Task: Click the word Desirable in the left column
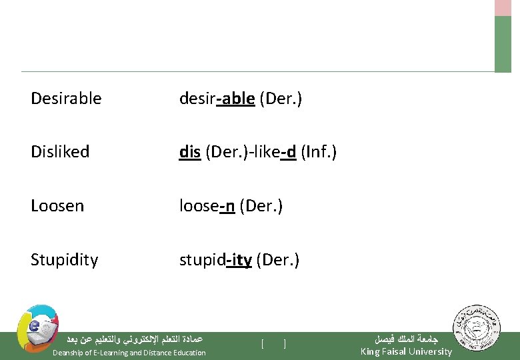coord(66,99)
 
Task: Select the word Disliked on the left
coord(60,152)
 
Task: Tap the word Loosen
coord(57,206)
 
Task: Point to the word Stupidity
coord(64,259)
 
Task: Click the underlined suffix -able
coord(235,99)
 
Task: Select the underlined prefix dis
coord(190,152)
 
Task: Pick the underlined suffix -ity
coord(239,259)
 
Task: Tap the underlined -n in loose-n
coord(227,206)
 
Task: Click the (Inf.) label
coord(319,152)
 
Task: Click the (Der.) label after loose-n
coord(261,206)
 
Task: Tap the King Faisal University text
coord(406,351)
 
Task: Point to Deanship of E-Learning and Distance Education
coord(129,353)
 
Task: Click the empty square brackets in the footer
coord(274,344)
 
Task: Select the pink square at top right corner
coord(503,7)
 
